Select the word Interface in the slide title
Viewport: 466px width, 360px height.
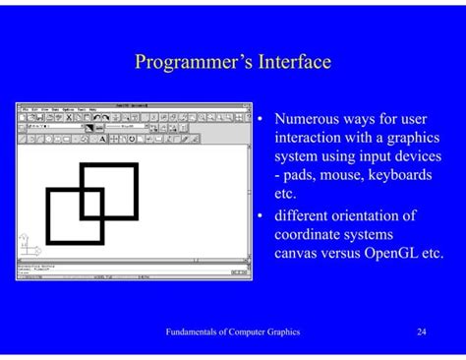click(293, 63)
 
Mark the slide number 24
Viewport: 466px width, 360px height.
click(421, 332)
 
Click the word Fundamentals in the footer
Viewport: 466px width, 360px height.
click(196, 332)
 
